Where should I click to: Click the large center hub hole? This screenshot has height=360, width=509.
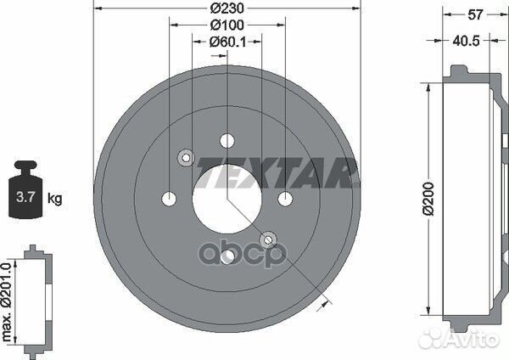(227, 199)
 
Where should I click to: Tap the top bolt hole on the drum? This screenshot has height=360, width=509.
(227, 141)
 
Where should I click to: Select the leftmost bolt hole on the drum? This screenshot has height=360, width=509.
(169, 199)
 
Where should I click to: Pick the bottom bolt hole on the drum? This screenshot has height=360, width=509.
(227, 256)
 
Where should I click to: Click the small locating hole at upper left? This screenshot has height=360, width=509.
(186, 157)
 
